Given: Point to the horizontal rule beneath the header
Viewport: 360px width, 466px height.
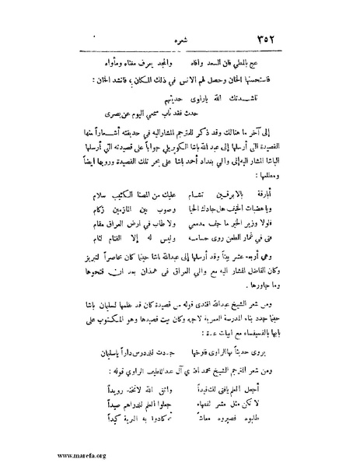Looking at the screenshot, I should pos(180,50).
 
